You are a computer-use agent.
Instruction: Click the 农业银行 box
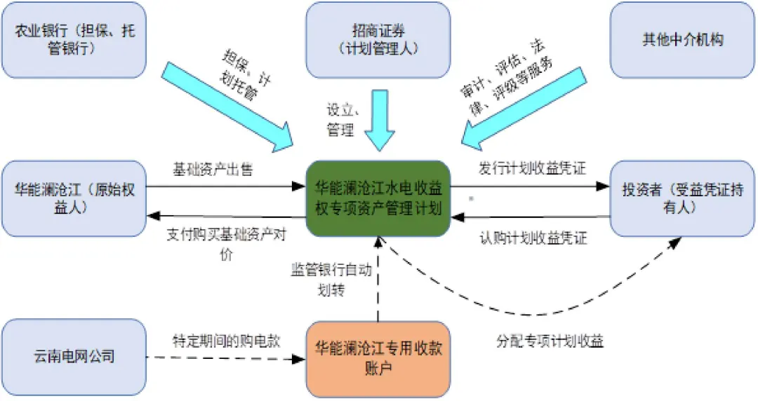pos(74,40)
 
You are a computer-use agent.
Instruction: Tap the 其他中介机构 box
pos(682,40)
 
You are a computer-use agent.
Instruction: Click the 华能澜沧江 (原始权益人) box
pos(74,199)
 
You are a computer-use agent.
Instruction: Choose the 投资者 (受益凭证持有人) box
pos(682,199)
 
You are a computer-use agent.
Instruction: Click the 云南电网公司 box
pos(74,357)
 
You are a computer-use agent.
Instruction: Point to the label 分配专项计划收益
pos(550,342)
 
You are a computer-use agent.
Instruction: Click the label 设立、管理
pos(342,120)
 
